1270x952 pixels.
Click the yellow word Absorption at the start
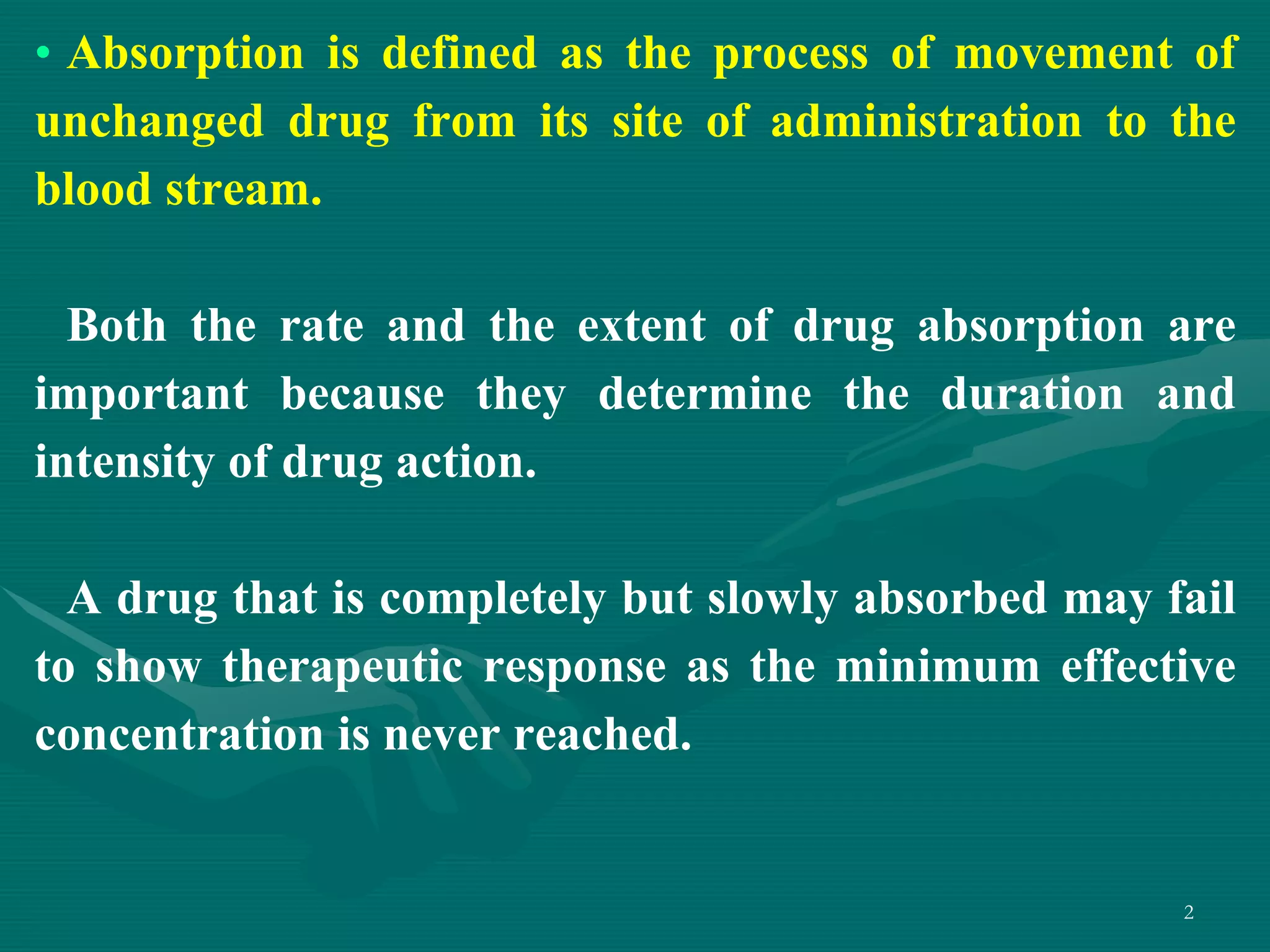click(186, 55)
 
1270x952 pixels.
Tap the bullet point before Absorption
click(43, 55)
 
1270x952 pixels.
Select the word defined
click(459, 53)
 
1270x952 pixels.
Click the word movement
click(1064, 53)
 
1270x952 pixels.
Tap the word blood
click(93, 190)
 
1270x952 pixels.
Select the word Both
click(117, 326)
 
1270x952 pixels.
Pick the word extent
click(641, 326)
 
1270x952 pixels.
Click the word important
click(141, 395)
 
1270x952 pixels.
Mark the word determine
click(705, 394)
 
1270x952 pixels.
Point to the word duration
click(1032, 394)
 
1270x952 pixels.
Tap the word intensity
click(124, 464)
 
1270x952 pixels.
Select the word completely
click(492, 600)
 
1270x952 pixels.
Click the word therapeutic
click(342, 668)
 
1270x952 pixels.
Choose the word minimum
click(938, 667)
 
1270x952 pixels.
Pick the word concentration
click(180, 735)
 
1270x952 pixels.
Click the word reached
click(602, 735)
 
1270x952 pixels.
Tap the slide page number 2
click(1188, 912)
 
